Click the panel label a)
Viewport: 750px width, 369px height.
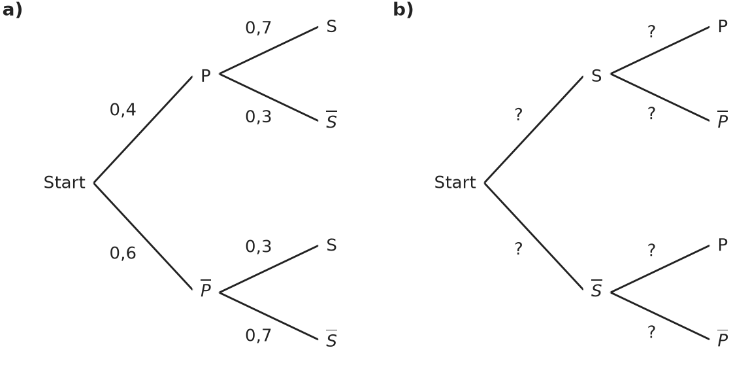click(12, 10)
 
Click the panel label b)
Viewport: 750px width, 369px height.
click(403, 10)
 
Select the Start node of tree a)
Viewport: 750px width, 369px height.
click(65, 183)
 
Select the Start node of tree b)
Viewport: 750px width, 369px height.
click(455, 183)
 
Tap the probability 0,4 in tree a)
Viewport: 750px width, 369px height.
click(123, 110)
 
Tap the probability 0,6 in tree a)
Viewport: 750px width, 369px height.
click(123, 253)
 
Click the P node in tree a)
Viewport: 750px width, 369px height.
click(206, 76)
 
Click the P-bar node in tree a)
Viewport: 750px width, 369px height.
click(206, 289)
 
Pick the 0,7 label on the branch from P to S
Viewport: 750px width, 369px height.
click(258, 27)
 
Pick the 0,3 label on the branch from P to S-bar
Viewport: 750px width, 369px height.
click(258, 117)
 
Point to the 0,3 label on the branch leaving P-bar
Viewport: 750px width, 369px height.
click(258, 246)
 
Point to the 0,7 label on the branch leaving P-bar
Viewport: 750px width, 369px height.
click(258, 336)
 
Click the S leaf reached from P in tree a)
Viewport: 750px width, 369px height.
click(331, 26)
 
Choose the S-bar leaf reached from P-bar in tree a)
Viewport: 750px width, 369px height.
click(331, 339)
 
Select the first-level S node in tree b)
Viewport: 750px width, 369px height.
click(596, 76)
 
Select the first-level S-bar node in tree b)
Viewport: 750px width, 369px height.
click(596, 289)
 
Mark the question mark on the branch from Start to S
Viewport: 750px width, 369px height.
click(519, 114)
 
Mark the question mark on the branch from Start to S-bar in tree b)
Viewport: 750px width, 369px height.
click(519, 249)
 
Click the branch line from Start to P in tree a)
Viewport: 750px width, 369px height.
click(143, 130)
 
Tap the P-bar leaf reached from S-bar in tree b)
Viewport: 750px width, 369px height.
click(723, 339)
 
